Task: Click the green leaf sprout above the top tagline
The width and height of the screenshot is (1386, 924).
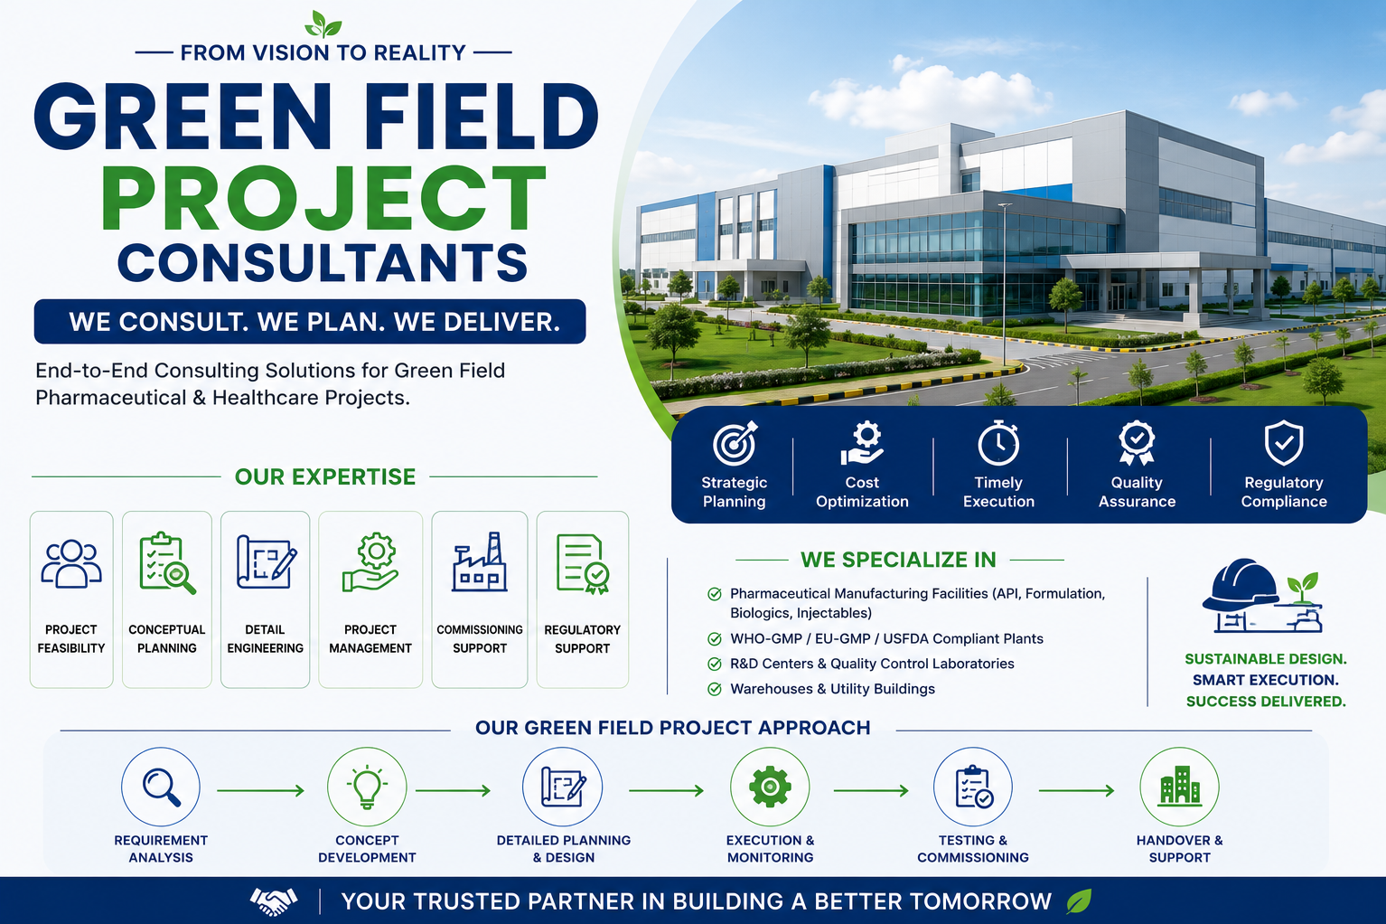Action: point(323,24)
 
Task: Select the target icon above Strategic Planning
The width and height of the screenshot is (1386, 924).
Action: point(735,442)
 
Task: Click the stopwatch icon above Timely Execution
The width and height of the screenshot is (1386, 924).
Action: point(998,442)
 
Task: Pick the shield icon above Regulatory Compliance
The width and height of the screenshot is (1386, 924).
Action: point(1284,442)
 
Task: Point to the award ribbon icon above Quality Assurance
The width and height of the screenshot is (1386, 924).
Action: point(1137,442)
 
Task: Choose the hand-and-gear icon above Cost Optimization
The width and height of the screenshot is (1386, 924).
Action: point(863,442)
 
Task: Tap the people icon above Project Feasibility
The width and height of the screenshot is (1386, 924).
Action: point(71,563)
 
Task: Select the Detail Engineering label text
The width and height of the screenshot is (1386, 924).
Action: point(265,638)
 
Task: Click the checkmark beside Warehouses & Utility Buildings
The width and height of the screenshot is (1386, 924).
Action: point(715,689)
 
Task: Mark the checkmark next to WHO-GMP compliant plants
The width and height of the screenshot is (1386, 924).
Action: point(715,638)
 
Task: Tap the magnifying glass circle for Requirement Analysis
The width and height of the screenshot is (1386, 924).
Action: point(161,787)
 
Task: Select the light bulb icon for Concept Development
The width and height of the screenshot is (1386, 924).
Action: point(367,787)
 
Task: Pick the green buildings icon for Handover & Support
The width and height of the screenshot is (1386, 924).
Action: point(1180,786)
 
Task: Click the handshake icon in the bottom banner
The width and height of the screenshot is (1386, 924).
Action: point(274,901)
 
